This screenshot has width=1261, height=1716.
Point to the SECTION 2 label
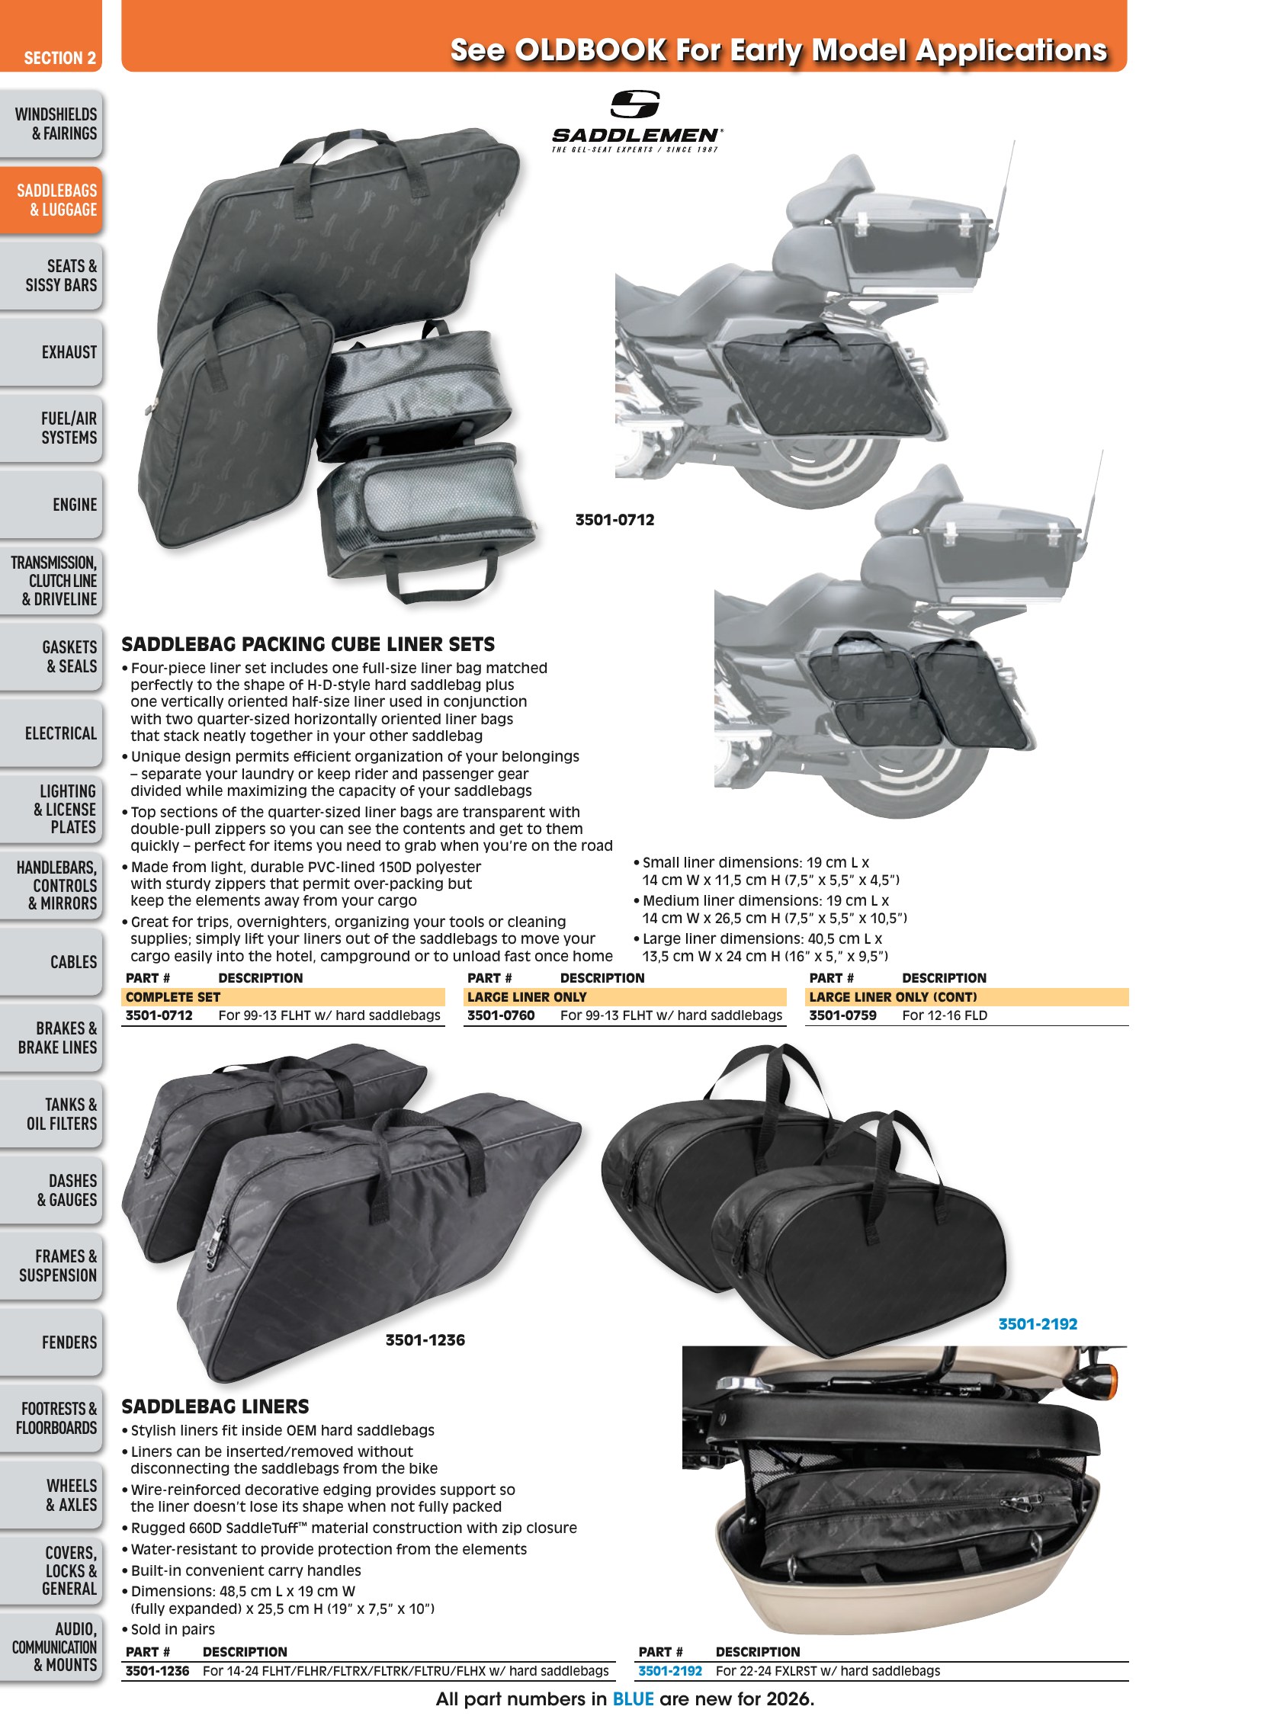[x=59, y=58]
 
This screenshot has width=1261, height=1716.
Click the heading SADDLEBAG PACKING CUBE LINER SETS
[x=308, y=644]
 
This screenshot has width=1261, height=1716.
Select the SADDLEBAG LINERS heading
[x=215, y=1406]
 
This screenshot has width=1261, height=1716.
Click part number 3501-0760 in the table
[x=501, y=1015]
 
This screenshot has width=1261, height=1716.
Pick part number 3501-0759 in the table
[x=842, y=1015]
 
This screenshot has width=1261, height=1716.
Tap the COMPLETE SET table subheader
[x=172, y=997]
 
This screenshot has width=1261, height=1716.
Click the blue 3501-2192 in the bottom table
[x=670, y=1671]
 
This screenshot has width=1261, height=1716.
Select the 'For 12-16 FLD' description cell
[x=945, y=1015]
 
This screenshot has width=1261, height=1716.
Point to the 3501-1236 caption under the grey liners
[x=425, y=1339]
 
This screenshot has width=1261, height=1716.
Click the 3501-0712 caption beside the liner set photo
[x=614, y=520]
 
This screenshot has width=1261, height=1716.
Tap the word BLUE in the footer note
[x=634, y=1699]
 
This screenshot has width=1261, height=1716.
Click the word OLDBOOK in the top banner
[x=591, y=50]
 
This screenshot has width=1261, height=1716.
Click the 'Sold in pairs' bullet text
[x=172, y=1629]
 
